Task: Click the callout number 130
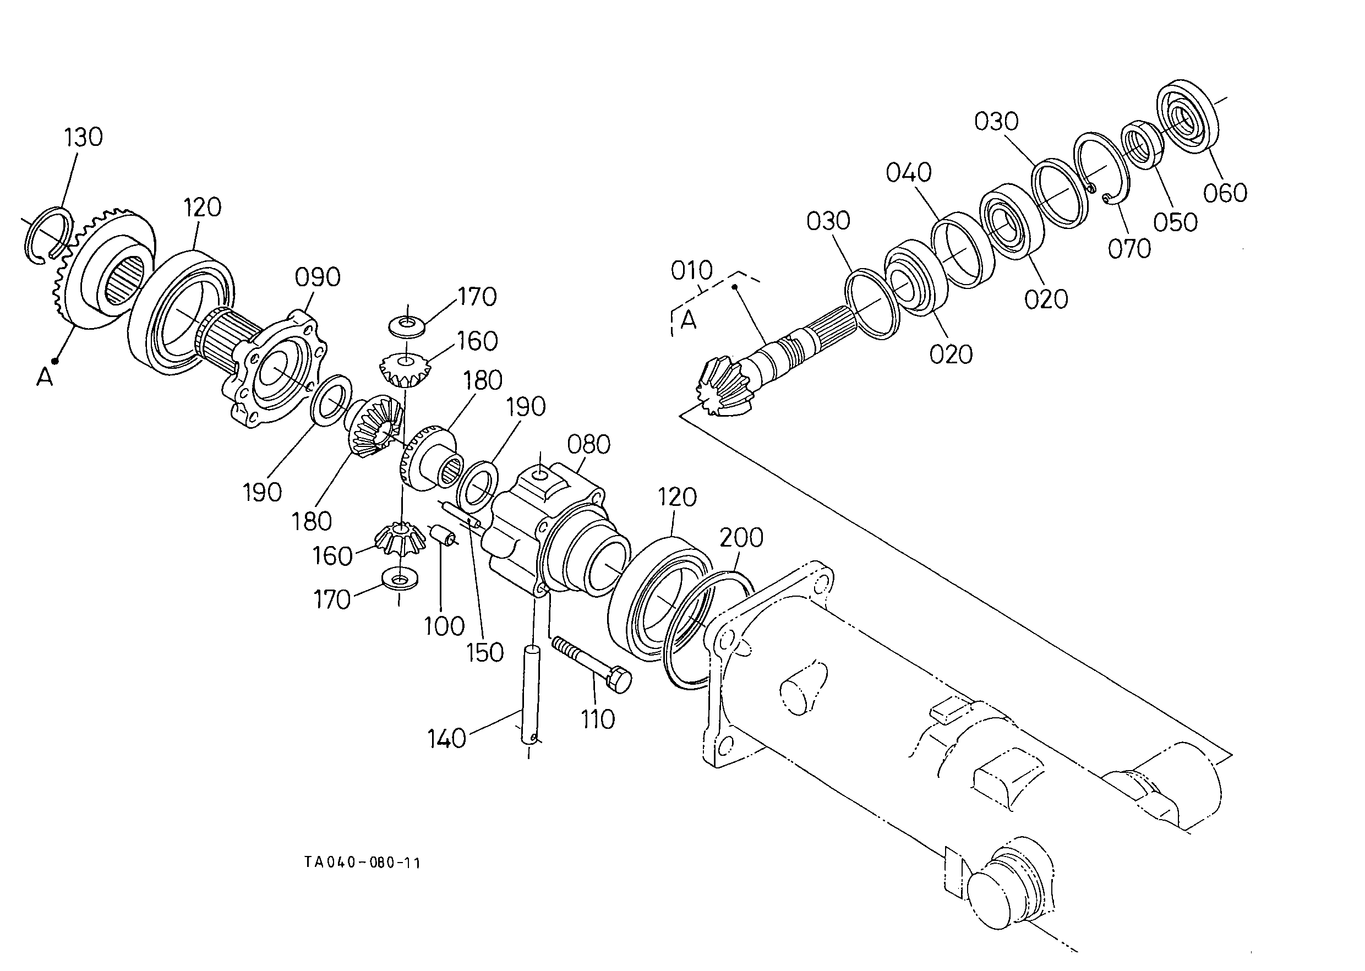(x=84, y=138)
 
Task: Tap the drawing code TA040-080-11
(x=362, y=863)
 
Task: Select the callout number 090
(x=318, y=277)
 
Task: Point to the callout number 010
(x=692, y=271)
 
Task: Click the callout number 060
(x=1225, y=193)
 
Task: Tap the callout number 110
(x=598, y=720)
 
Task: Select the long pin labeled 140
(x=532, y=694)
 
